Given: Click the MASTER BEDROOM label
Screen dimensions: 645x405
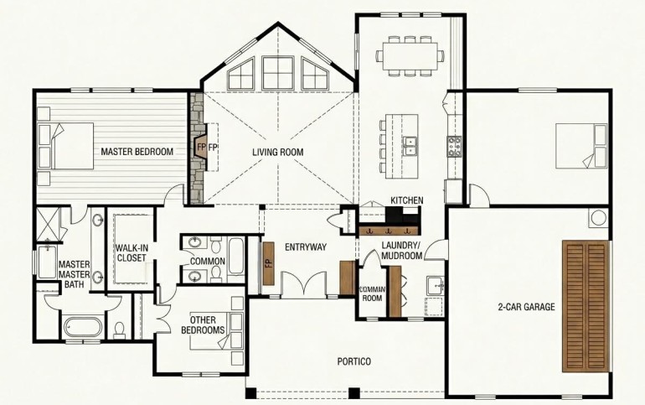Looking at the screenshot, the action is click(x=137, y=152).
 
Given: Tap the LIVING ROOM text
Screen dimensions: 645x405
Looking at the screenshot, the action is click(x=277, y=153).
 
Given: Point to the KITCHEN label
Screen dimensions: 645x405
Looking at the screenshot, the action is click(x=407, y=200).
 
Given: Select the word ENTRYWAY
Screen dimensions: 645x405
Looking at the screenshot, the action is click(x=306, y=247).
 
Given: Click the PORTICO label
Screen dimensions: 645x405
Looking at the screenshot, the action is click(x=353, y=361).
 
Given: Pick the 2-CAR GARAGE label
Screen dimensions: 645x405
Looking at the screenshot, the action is click(x=526, y=307).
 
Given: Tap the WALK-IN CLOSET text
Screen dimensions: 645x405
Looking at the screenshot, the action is click(x=132, y=252).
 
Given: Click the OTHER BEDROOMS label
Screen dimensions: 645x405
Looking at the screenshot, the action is click(x=203, y=325).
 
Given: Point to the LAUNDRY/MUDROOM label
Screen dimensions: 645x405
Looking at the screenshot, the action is click(x=402, y=250).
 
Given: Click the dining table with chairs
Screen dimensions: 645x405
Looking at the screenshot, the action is click(x=410, y=56).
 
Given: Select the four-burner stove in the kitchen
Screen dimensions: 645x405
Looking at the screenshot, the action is click(x=454, y=147).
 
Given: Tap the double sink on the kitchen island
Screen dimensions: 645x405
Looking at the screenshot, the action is click(x=410, y=146).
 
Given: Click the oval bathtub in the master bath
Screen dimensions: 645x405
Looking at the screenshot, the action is click(x=84, y=326).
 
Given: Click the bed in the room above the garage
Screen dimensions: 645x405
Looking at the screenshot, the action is click(x=581, y=146).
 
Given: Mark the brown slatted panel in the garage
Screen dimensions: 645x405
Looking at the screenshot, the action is click(x=586, y=305).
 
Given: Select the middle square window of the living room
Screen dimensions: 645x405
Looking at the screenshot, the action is click(x=278, y=73).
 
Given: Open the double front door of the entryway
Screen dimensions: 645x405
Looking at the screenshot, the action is click(x=303, y=283).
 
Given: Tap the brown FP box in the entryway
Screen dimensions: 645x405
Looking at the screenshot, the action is click(x=269, y=263).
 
